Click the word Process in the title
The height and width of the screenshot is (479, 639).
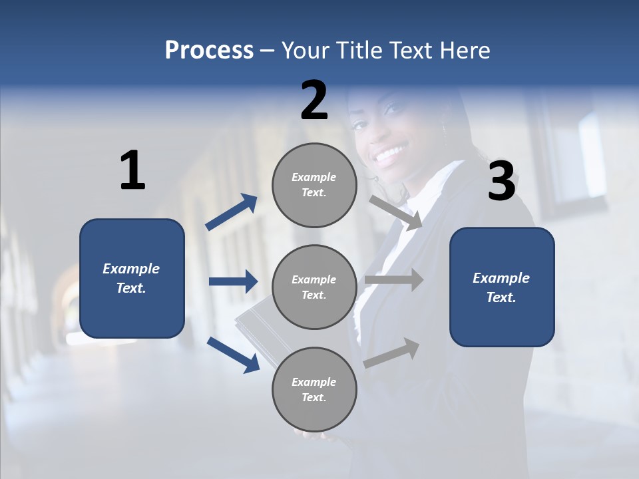209,51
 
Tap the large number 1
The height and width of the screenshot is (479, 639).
132,171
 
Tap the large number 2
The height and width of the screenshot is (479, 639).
314,100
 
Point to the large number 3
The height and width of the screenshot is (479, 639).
501,181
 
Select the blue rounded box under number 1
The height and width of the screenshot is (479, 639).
132,278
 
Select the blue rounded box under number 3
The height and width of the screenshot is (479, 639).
502,287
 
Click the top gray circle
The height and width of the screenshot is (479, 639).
314,185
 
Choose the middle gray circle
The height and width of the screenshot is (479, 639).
314,287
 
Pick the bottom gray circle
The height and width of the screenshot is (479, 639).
314,389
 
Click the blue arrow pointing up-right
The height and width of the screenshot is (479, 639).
232,212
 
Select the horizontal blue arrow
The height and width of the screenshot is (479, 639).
233,281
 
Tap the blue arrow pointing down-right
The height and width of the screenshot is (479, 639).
233,354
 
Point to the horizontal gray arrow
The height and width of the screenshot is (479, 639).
394,279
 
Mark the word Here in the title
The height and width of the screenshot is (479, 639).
465,51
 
